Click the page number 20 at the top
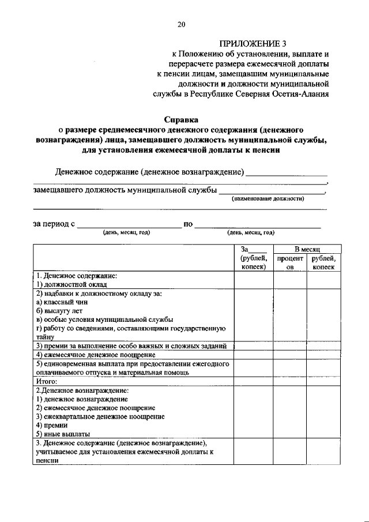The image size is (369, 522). tap(182, 24)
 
